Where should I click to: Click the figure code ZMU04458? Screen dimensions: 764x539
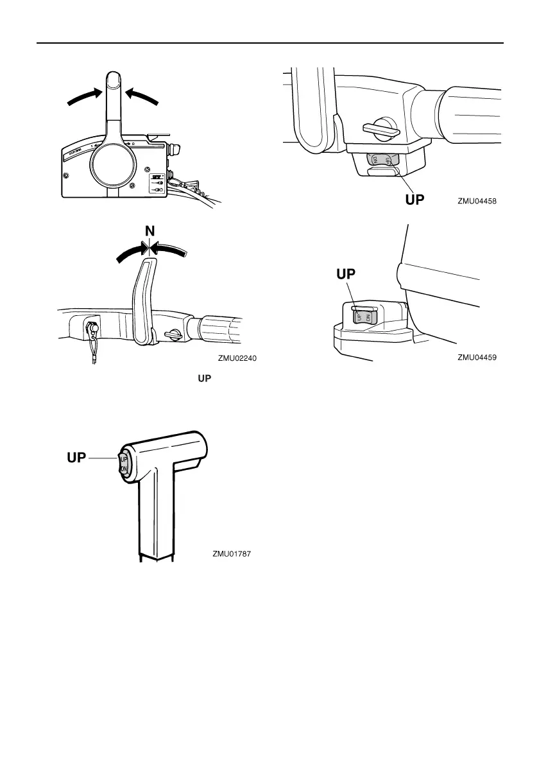click(x=478, y=200)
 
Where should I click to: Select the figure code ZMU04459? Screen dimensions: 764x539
click(x=478, y=358)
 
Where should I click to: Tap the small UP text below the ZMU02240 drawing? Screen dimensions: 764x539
click(x=204, y=379)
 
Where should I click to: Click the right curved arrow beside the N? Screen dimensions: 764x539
click(x=170, y=250)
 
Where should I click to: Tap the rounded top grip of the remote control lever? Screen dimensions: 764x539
click(x=113, y=82)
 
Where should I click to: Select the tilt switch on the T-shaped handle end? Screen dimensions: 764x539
click(x=124, y=465)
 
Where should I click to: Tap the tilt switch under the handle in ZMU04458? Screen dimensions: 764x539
click(x=382, y=160)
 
